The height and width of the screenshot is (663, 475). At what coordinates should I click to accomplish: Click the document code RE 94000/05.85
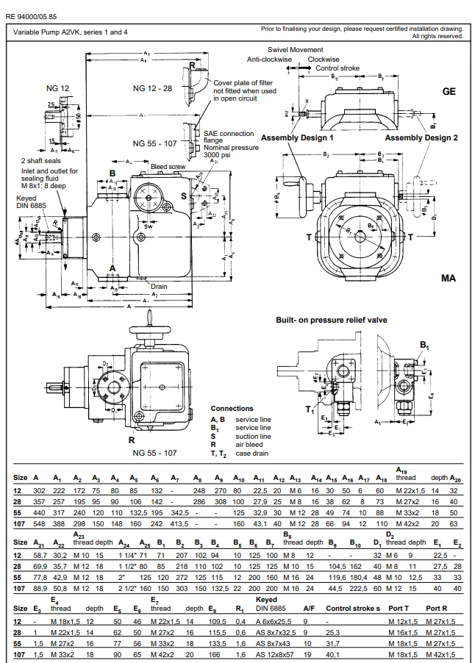[32, 15]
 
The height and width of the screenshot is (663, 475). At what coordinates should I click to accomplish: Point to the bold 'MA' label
[449, 279]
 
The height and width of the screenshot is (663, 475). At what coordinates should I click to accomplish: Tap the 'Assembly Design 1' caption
[297, 137]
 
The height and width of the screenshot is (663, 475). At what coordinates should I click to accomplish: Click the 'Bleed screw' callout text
[167, 166]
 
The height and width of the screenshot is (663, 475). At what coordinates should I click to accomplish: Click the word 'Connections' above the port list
[232, 409]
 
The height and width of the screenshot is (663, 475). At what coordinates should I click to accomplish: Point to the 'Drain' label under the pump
[160, 286]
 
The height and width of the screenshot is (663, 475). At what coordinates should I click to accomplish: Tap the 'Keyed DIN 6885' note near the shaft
[31, 203]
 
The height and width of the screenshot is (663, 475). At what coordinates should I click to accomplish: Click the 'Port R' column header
[435, 609]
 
